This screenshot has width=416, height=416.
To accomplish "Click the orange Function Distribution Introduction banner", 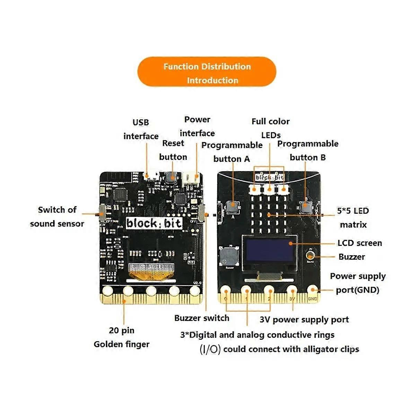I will pyautogui.click(x=207, y=72).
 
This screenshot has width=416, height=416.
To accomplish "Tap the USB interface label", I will pyautogui.click(x=141, y=129).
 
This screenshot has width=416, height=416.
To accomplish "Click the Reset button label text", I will pyautogui.click(x=173, y=150).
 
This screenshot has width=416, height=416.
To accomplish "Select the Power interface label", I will pyautogui.click(x=197, y=127).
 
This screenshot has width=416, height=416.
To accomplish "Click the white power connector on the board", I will pyautogui.click(x=192, y=178).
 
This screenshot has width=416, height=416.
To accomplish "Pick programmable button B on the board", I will pyautogui.click(x=305, y=207).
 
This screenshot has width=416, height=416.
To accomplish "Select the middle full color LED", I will pyautogui.click(x=269, y=189).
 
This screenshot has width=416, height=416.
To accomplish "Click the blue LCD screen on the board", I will pyautogui.click(x=270, y=250).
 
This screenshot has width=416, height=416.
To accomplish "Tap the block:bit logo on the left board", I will pyautogui.click(x=154, y=223).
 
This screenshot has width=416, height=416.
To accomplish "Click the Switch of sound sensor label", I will pyautogui.click(x=57, y=217).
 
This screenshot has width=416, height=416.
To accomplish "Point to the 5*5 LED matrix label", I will pyautogui.click(x=353, y=218).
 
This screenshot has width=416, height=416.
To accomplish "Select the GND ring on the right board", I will pyautogui.click(x=312, y=291).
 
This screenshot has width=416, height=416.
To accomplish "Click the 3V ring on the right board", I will pyautogui.click(x=292, y=291).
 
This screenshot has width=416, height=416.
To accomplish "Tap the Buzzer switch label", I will pyautogui.click(x=202, y=318).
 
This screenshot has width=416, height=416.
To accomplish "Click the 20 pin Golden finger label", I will pyautogui.click(x=122, y=337).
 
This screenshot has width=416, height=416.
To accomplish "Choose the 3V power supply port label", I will pyautogui.click(x=304, y=320).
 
